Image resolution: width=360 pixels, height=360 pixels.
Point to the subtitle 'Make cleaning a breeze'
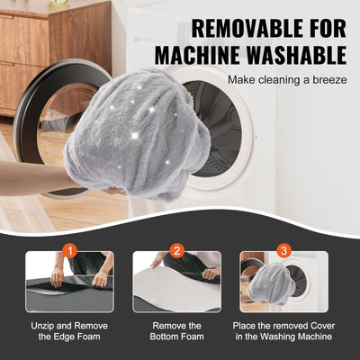(x=286, y=80)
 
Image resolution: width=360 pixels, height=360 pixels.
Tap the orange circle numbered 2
(x=177, y=250)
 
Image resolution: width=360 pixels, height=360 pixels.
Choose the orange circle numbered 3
(x=284, y=250)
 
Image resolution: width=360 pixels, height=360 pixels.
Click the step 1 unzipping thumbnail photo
(x=69, y=283)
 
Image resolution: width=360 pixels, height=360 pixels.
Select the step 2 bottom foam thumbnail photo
(x=177, y=283)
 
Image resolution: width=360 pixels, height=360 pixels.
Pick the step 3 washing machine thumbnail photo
(x=284, y=283)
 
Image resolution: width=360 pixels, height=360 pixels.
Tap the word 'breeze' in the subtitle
(x=327, y=80)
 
